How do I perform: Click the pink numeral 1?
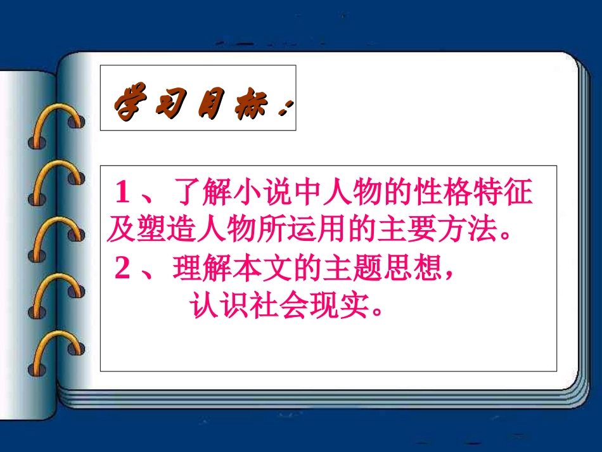tap(124, 191)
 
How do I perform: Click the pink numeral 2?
tap(124, 269)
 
